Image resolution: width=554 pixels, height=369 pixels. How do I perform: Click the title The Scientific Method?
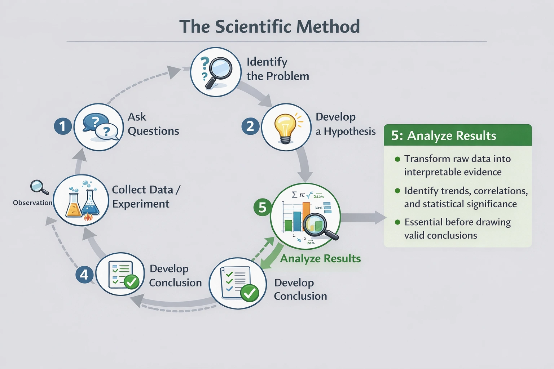269,27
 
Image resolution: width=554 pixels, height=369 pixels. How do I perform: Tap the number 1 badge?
63,126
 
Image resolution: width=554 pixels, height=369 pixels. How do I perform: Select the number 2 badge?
250,126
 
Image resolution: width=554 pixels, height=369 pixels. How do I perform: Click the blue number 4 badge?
84,275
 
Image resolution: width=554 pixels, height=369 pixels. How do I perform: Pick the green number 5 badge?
262,208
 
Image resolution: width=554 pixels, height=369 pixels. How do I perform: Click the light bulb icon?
285,127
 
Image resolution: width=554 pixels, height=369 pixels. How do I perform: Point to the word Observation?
32,203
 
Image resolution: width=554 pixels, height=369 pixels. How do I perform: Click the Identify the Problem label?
277,69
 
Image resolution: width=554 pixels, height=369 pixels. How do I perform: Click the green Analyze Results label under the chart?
320,258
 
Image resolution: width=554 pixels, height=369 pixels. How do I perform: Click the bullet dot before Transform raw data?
397,159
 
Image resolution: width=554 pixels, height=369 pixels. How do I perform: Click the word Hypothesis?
349,132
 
